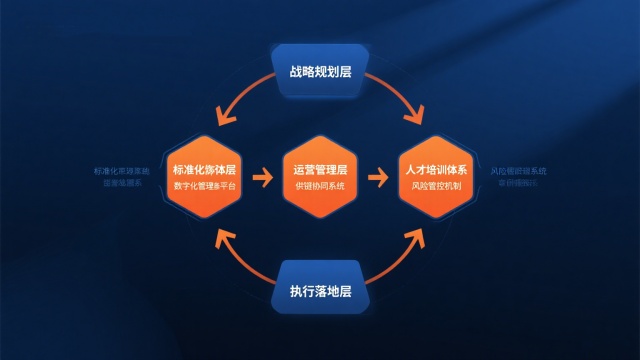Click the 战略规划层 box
point(320,73)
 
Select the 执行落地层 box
point(320,292)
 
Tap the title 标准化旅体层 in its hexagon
point(205,170)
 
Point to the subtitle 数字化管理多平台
point(205,186)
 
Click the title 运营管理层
point(320,170)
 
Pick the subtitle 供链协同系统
point(320,186)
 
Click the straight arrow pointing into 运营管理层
point(263,179)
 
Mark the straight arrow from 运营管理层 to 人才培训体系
point(377,179)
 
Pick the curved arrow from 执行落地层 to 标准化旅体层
point(240,258)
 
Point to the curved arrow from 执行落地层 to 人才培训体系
point(400,258)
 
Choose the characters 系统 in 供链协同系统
point(336,186)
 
